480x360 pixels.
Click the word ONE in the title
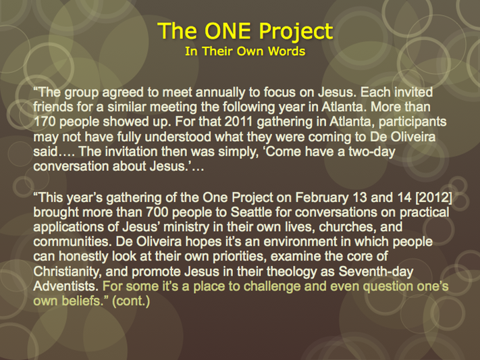pos(228,30)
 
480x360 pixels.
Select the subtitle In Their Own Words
pos(245,51)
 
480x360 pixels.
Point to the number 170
pos(44,122)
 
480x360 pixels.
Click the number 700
pos(157,212)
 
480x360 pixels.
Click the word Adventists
pos(65,286)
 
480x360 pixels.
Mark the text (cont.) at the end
pos(131,301)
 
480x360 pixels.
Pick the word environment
pos(300,242)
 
